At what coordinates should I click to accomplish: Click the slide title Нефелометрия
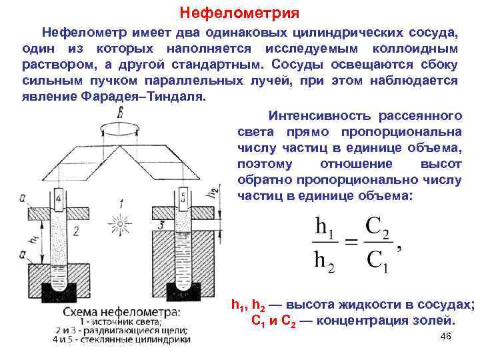240,13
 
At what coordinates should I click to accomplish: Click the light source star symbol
120,222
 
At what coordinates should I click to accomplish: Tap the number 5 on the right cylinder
183,197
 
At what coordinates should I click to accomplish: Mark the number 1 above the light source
121,203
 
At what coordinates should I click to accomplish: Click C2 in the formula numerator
377,227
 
